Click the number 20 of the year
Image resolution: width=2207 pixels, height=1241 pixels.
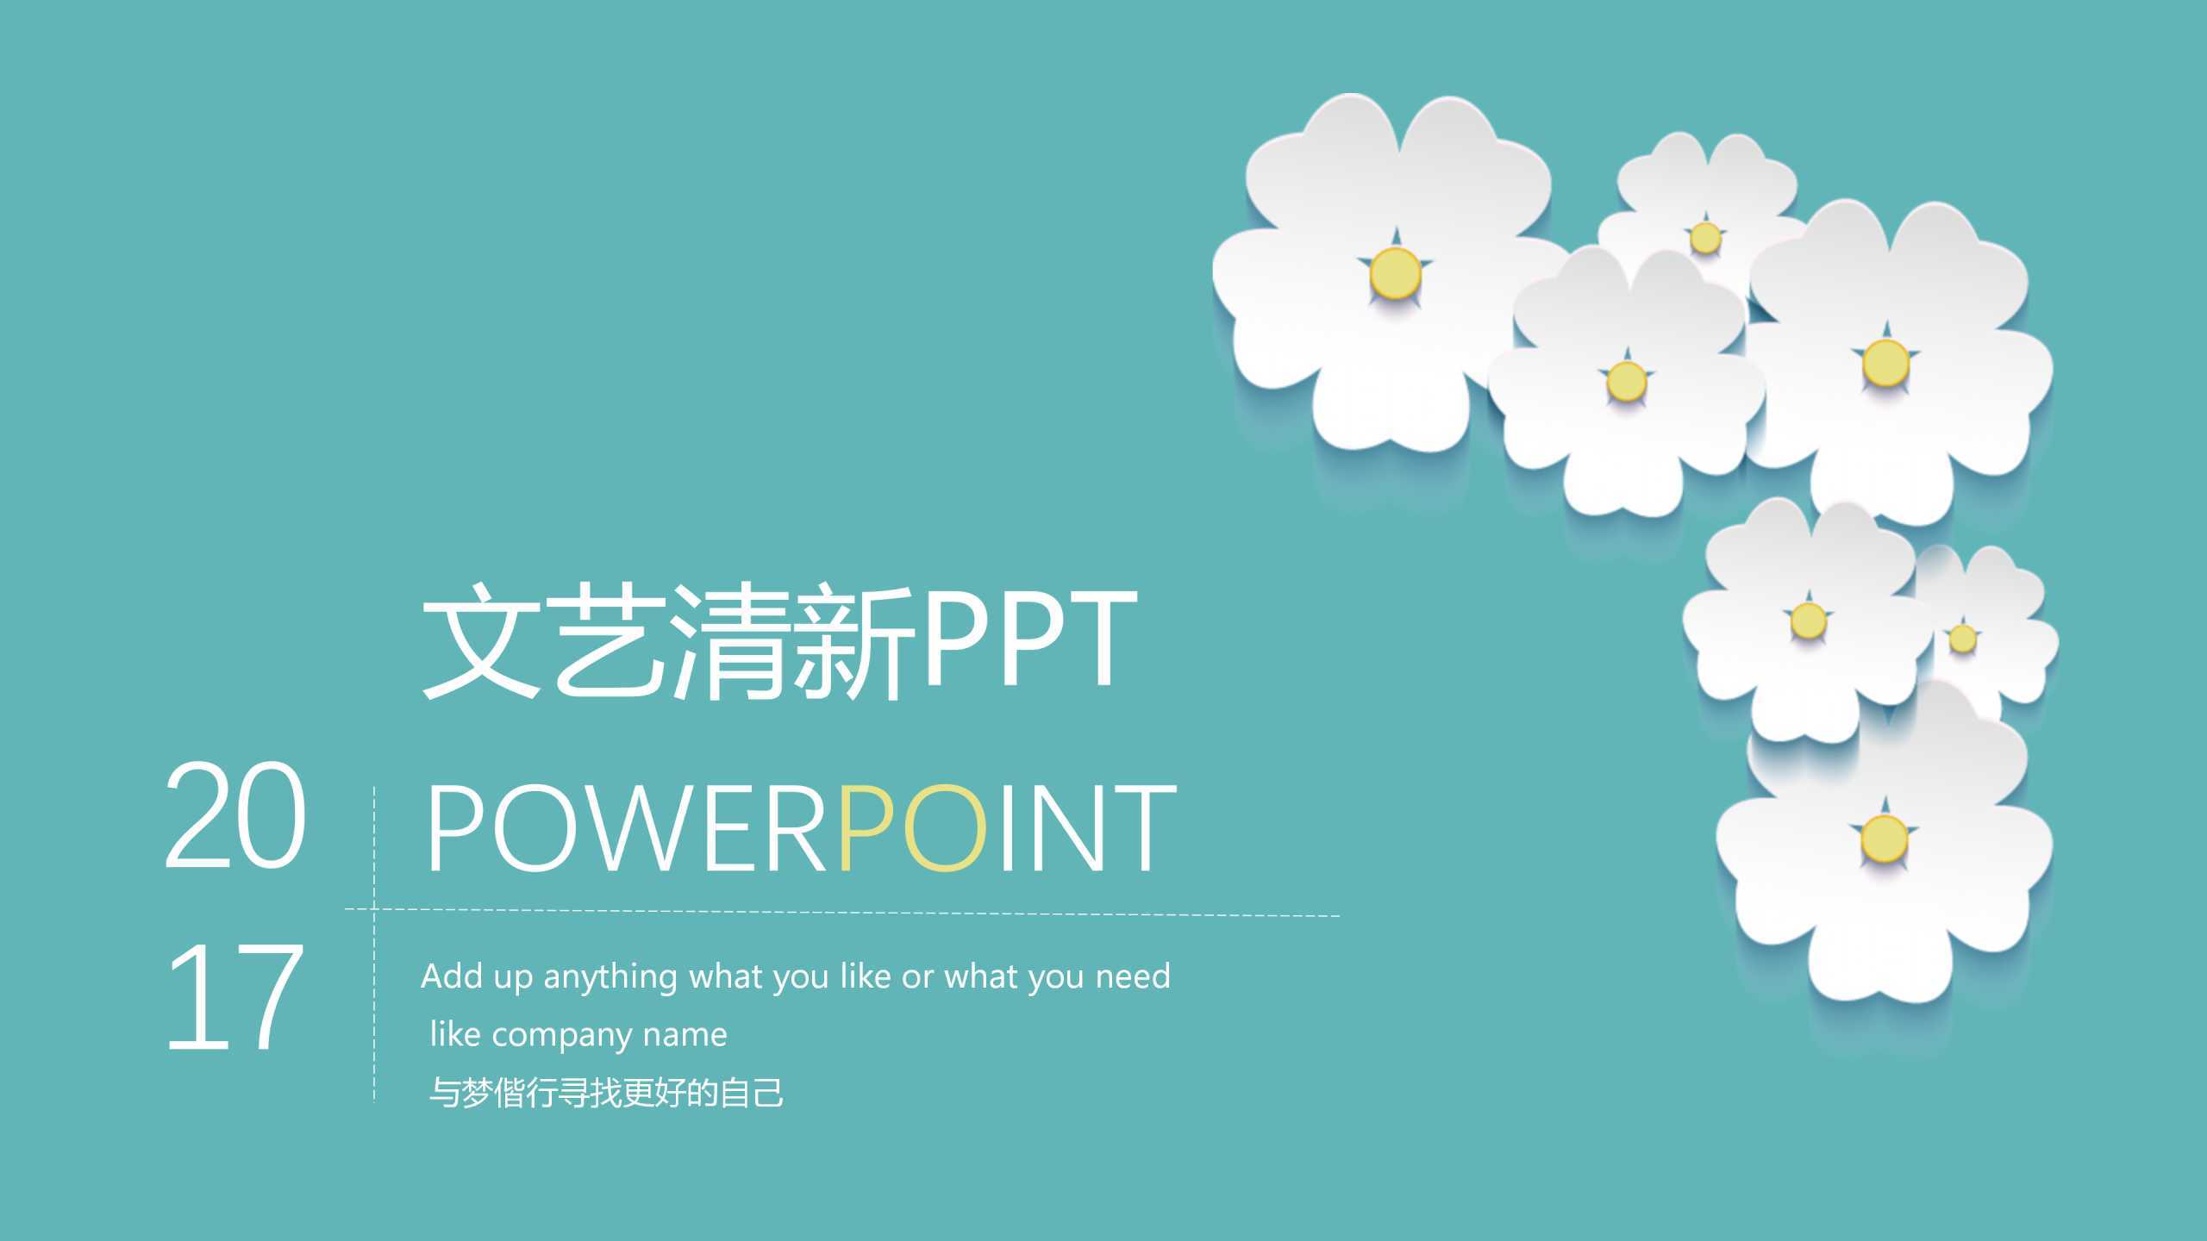coord(234,814)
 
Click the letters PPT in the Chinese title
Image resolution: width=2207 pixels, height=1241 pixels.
coord(1029,639)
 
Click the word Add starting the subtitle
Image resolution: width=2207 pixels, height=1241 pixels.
coord(452,976)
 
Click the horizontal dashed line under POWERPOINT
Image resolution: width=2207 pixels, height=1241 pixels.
coord(862,912)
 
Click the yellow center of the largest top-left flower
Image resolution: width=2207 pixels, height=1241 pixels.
coord(1395,272)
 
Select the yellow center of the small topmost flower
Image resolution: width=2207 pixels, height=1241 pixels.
coord(1704,237)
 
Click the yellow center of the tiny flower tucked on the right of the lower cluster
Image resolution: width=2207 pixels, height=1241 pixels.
coord(1963,639)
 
